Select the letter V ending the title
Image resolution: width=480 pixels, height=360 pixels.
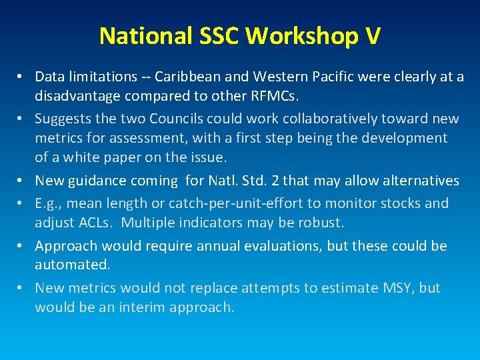[x=373, y=36]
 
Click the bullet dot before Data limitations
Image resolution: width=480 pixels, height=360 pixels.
[x=23, y=77]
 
